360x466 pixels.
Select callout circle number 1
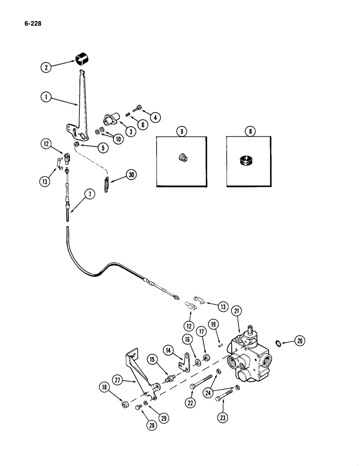[x=45, y=98]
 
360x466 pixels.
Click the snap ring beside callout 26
[x=278, y=344]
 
